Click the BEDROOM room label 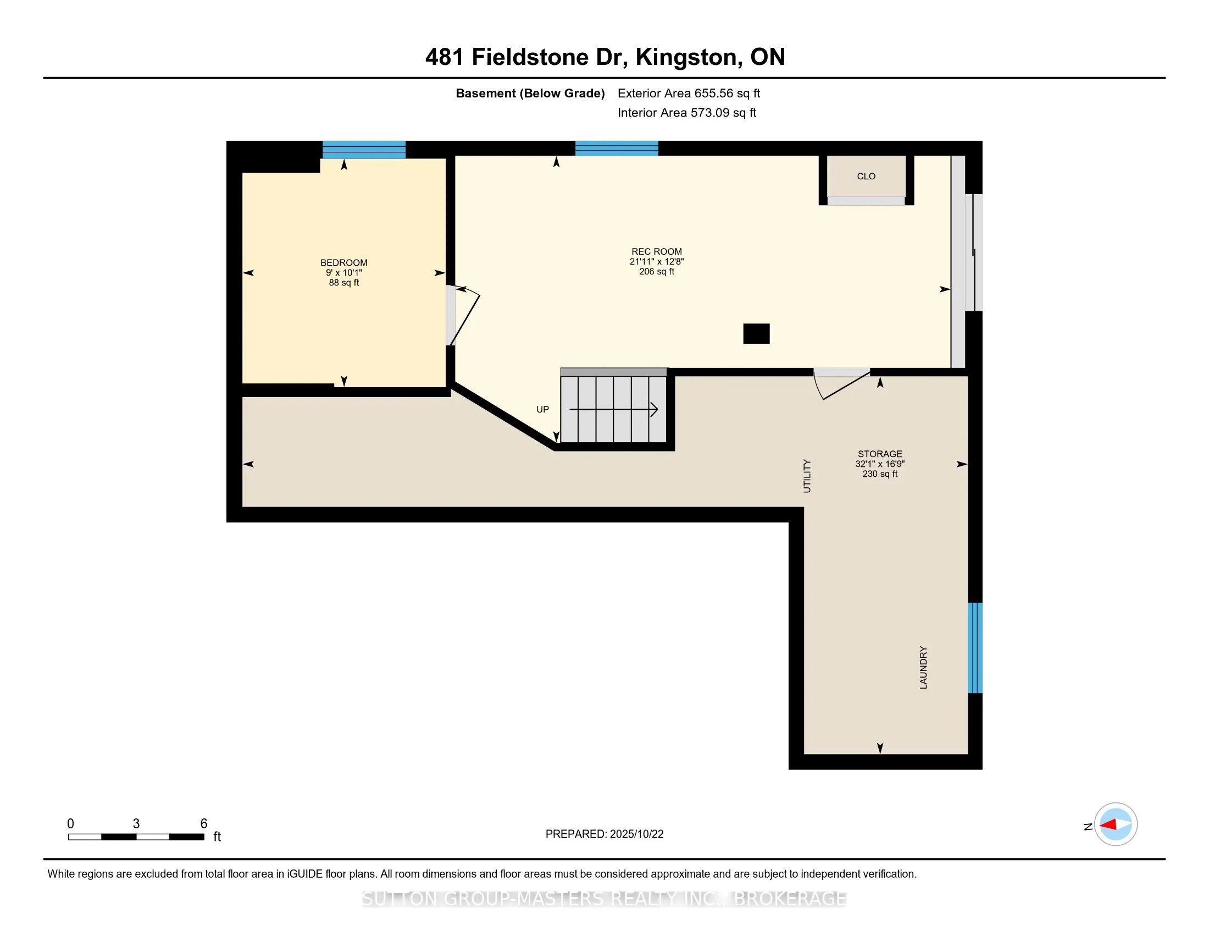[x=344, y=262]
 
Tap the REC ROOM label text [x=657, y=251]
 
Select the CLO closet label [x=866, y=176]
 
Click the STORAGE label [x=880, y=454]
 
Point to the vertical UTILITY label [x=807, y=476]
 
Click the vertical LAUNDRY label [x=923, y=668]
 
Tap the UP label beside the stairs [x=542, y=409]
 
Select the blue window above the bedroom [x=364, y=150]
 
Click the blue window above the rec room [x=617, y=148]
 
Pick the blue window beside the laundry [x=975, y=647]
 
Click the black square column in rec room [x=756, y=333]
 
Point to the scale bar [x=136, y=837]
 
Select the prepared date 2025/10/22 [x=604, y=834]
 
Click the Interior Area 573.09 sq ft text [x=686, y=113]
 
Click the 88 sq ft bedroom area [x=344, y=283]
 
